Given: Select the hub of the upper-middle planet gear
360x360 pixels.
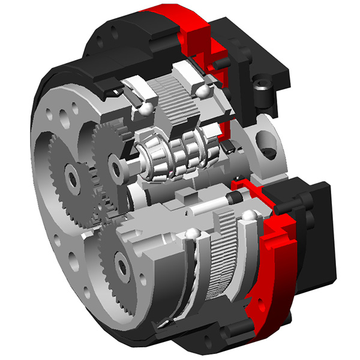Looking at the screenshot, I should click(115, 161).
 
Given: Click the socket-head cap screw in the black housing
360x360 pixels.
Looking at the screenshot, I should click(262, 90).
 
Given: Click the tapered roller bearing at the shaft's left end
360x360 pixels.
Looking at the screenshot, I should click(151, 158).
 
